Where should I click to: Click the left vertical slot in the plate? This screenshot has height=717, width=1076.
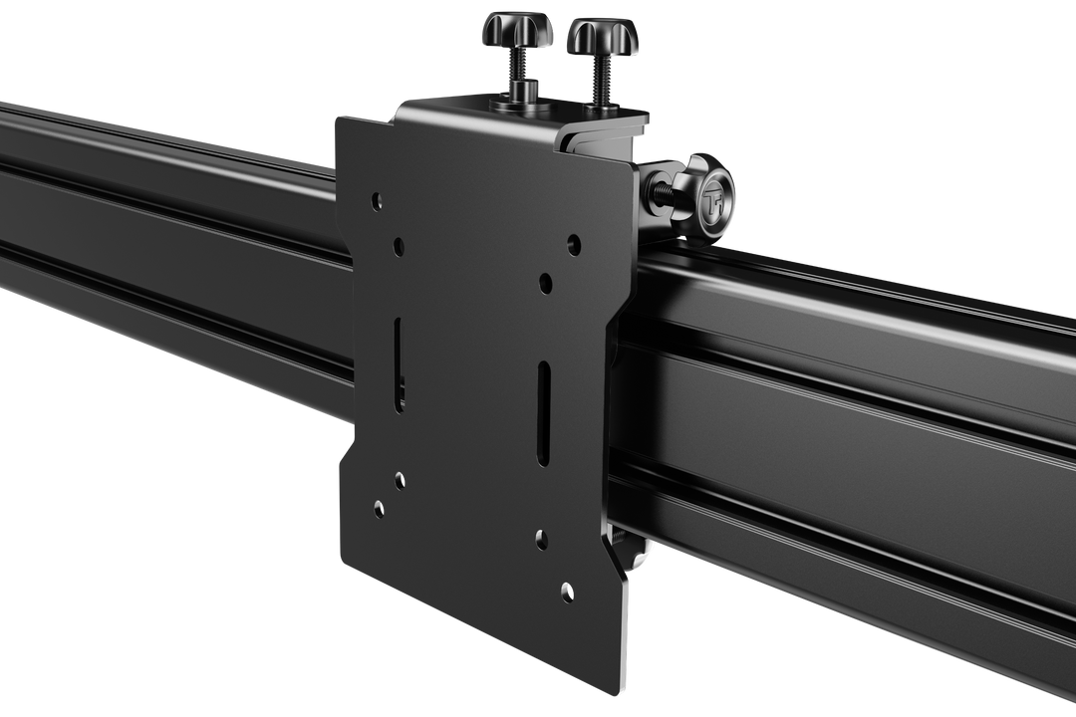click(x=400, y=364)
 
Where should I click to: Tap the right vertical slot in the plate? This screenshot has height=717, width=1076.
click(x=544, y=412)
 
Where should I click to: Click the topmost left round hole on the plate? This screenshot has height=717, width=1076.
click(x=376, y=200)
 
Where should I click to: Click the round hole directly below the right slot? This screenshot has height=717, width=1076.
click(x=541, y=539)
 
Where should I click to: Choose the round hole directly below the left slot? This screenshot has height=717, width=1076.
click(x=399, y=480)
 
